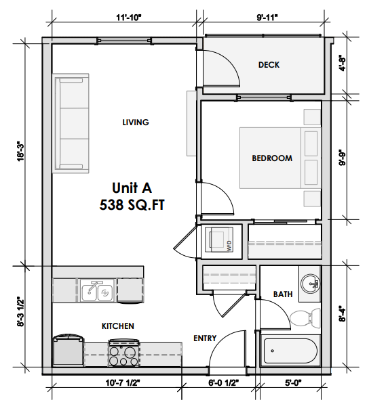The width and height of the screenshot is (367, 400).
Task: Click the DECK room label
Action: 269,65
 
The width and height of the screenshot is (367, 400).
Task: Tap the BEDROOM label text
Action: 272,158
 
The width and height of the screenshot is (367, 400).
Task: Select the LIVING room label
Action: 135,123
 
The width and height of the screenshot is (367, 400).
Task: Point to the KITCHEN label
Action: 117,326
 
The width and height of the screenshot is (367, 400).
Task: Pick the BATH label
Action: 283,294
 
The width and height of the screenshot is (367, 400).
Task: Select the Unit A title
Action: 133,186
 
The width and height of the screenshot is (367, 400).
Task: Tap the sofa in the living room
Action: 73,123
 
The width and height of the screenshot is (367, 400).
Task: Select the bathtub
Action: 290,351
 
